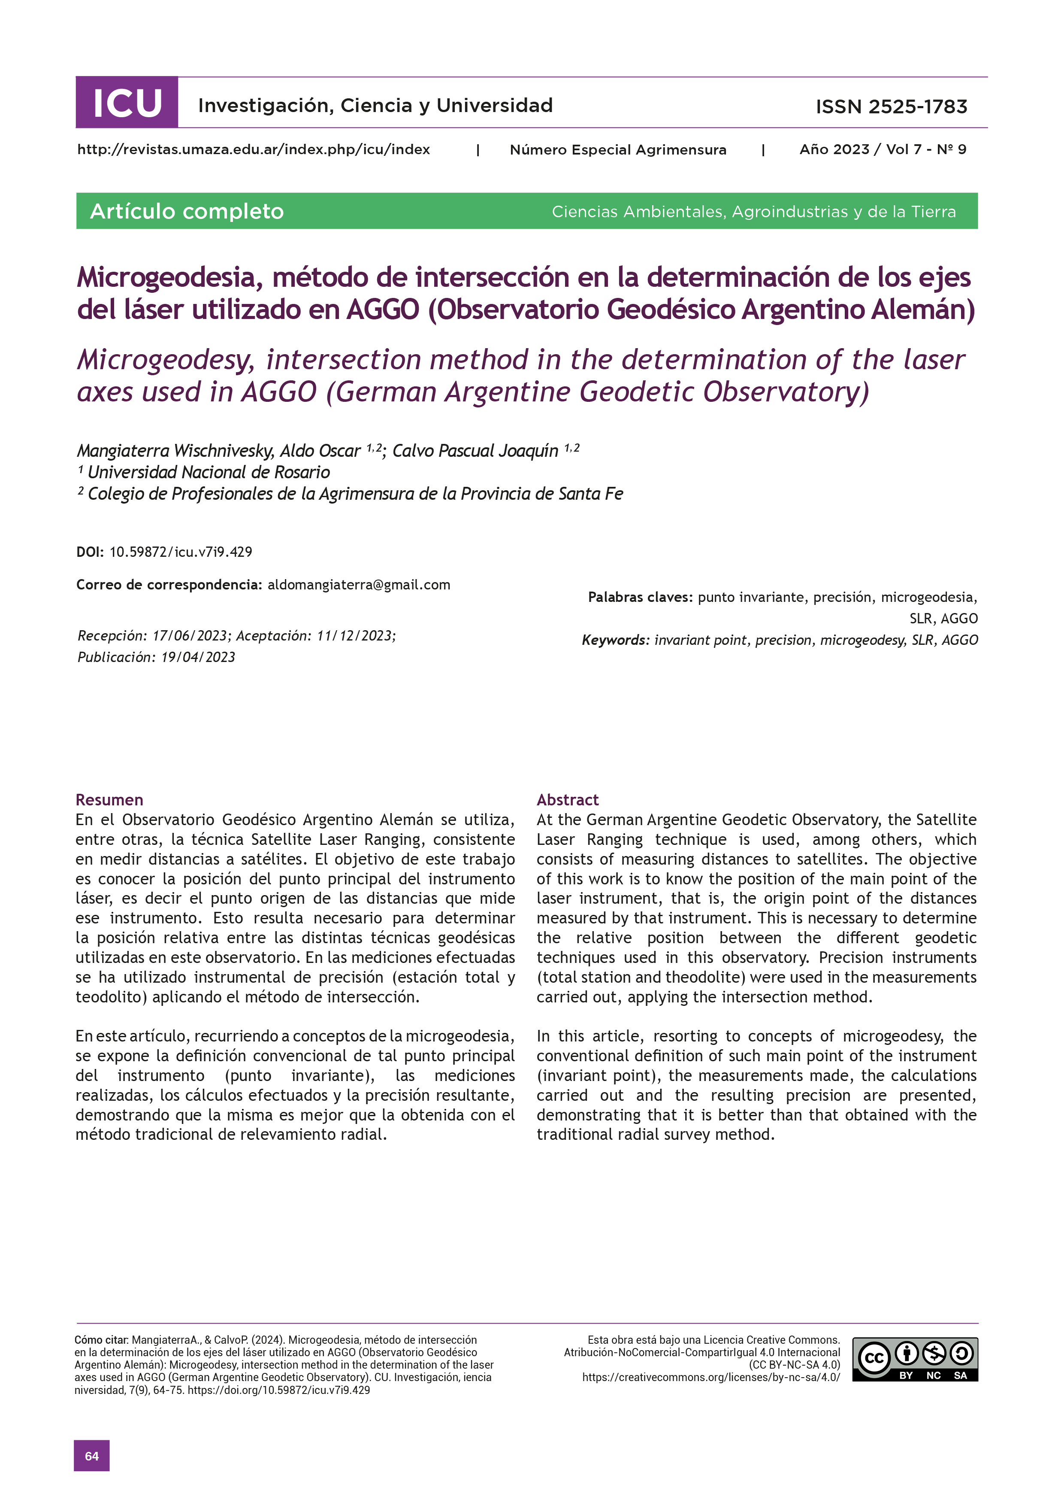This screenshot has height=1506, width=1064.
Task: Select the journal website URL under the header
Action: pos(253,149)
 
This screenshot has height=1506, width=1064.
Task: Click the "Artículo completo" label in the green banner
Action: pos(187,211)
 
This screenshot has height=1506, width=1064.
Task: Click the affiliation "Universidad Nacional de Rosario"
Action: pos(209,472)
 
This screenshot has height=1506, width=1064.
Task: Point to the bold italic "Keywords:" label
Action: pos(616,640)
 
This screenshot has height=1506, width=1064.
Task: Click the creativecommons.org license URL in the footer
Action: pos(710,1378)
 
